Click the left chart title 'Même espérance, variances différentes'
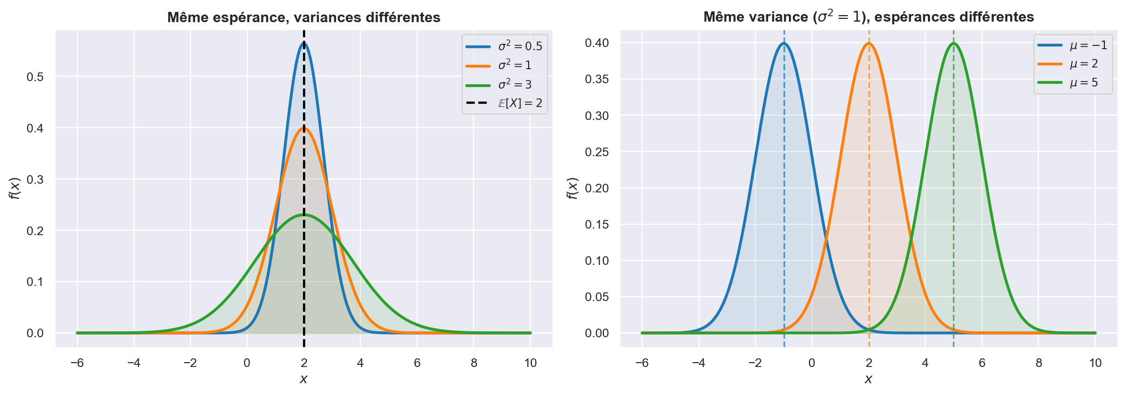[304, 17]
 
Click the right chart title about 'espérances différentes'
[868, 17]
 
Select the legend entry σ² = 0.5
[519, 46]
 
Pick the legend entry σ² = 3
[515, 84]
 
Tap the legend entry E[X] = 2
[519, 103]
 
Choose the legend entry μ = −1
[1088, 45]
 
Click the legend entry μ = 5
[1084, 83]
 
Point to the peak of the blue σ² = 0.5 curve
[304, 43]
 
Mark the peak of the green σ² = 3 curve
[304, 215]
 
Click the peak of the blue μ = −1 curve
[783, 44]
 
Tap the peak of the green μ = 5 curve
[953, 44]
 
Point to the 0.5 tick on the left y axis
[35, 77]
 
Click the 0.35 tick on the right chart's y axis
[597, 79]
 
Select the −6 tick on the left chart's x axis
[77, 363]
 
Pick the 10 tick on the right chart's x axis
[1095, 363]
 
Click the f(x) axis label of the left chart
[15, 188]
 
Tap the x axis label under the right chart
[868, 379]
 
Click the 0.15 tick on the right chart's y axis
[597, 224]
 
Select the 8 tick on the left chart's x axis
[473, 363]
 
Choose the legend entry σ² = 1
[515, 65]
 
